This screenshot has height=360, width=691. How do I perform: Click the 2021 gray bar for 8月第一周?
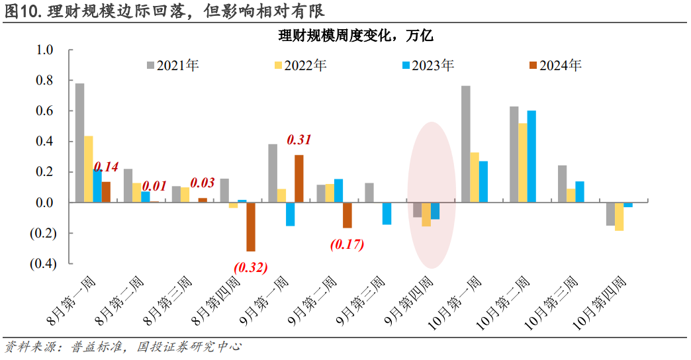tap(79, 143)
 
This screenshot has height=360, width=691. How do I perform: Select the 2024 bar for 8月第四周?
tap(251, 227)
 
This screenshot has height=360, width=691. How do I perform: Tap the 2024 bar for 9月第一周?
tap(299, 179)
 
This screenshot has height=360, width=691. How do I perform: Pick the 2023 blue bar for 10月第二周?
tap(531, 156)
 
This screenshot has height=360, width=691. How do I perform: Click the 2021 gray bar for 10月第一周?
tap(466, 144)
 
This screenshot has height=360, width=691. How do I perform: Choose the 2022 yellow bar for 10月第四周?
tap(620, 216)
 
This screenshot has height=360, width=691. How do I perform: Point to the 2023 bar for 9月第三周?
tap(387, 214)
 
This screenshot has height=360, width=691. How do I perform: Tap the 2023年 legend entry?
tap(428, 66)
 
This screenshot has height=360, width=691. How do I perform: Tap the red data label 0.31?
tap(298, 140)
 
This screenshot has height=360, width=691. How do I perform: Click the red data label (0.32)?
tap(250, 268)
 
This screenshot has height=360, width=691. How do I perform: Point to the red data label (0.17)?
tap(347, 244)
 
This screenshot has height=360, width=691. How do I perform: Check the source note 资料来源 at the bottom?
tap(122, 347)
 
